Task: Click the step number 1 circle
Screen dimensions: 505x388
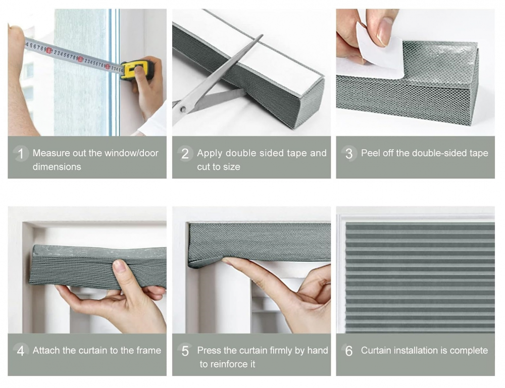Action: (21, 154)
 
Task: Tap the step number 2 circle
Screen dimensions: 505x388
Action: (185, 154)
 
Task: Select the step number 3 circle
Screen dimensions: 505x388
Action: (349, 154)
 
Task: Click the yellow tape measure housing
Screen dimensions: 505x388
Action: (137, 70)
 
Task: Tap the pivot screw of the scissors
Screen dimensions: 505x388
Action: (183, 110)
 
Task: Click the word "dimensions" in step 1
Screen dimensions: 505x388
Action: (57, 167)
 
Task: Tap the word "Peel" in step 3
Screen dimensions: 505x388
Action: (370, 153)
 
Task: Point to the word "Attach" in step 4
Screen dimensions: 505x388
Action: (46, 350)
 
